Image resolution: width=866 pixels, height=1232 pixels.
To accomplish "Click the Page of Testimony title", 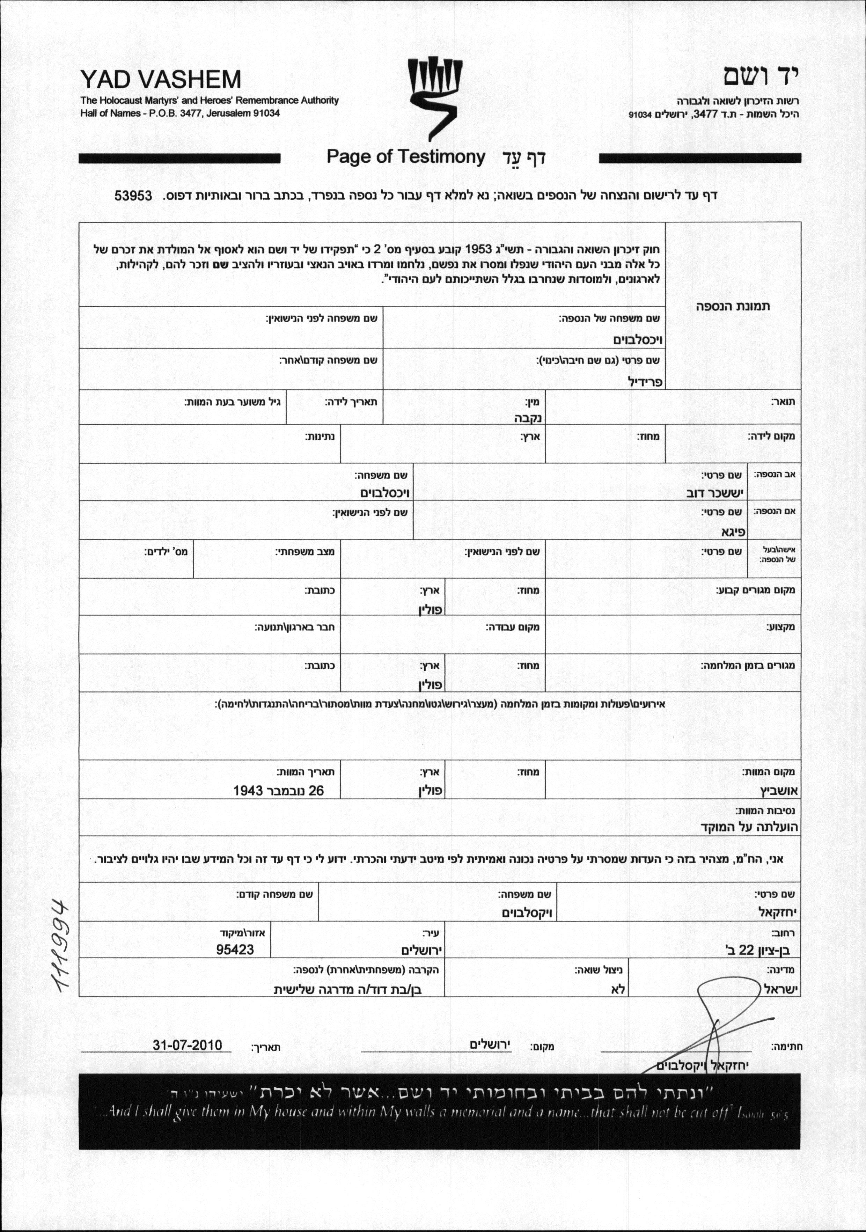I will tap(406, 157).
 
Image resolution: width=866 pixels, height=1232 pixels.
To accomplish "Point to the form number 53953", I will tap(134, 195).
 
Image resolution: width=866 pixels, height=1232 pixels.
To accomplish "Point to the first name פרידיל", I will tap(646, 382).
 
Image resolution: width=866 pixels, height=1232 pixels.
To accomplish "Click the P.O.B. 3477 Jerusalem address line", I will tap(180, 113).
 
